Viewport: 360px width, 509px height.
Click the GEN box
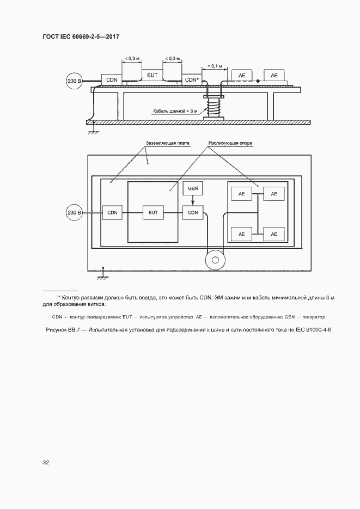[193, 189]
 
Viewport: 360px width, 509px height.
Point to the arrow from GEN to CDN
[193, 201]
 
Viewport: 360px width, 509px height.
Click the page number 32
[46, 462]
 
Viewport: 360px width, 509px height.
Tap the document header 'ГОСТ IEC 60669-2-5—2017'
[81, 36]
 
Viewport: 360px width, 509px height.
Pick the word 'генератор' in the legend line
[312, 316]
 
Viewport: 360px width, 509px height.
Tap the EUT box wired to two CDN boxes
[152, 212]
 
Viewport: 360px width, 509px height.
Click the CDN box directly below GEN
[193, 212]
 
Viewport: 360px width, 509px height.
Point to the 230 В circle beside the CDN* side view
[74, 81]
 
